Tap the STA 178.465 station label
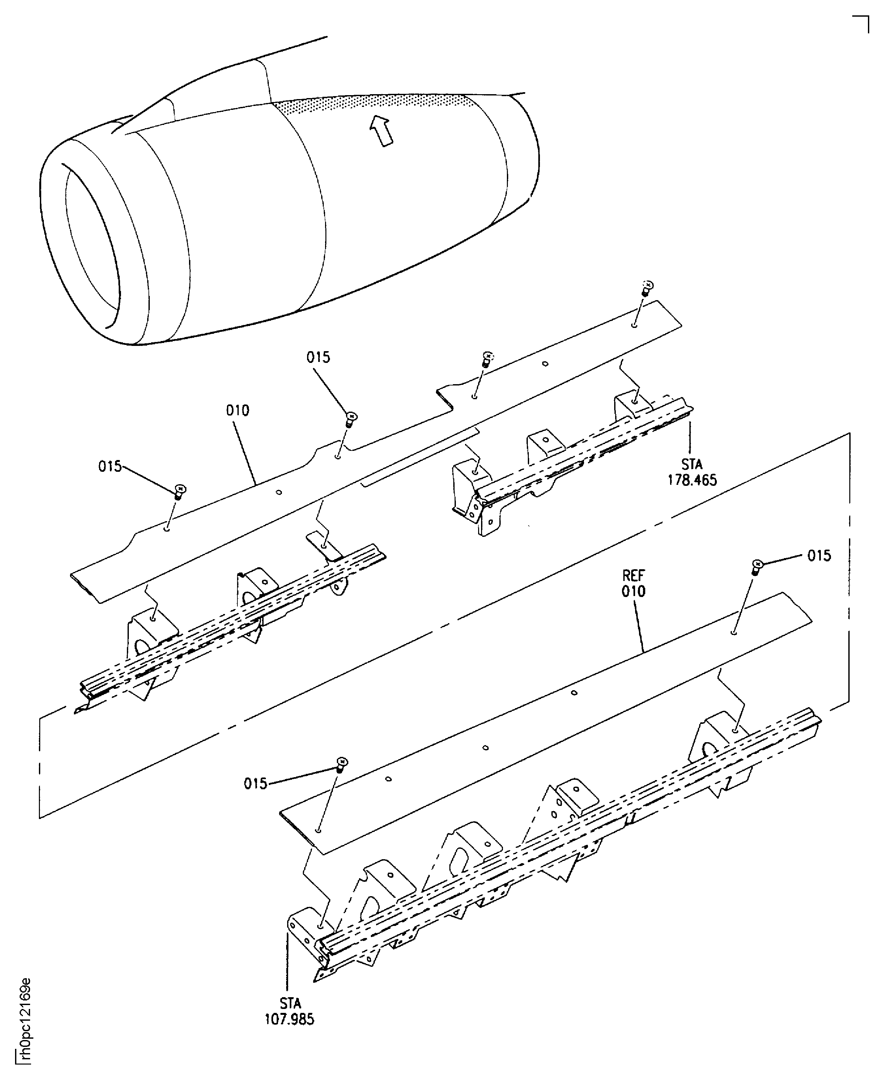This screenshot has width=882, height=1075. [x=692, y=472]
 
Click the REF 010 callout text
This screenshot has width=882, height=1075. [x=633, y=584]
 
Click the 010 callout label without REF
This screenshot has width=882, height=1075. [x=238, y=410]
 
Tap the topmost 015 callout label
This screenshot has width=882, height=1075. [x=318, y=357]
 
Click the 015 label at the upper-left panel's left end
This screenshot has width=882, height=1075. [x=110, y=466]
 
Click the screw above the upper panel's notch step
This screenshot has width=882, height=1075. [x=486, y=360]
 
